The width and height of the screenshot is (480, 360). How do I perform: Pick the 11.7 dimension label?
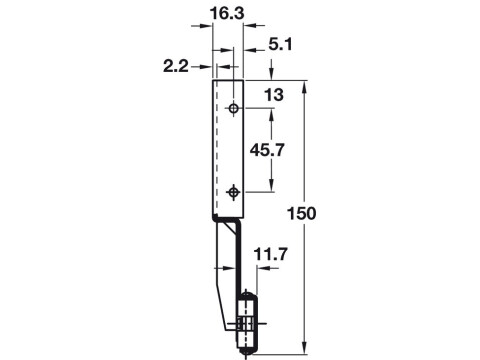(x=269, y=256)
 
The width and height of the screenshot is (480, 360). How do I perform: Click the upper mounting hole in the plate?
(x=233, y=107)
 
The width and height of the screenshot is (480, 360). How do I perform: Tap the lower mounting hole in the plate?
(x=233, y=190)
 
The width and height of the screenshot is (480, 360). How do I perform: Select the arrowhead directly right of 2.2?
(x=207, y=66)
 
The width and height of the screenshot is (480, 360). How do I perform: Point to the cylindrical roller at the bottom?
(x=246, y=324)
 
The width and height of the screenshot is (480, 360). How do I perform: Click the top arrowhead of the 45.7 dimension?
(x=271, y=111)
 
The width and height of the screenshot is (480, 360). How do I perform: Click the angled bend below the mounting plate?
(x=229, y=222)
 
